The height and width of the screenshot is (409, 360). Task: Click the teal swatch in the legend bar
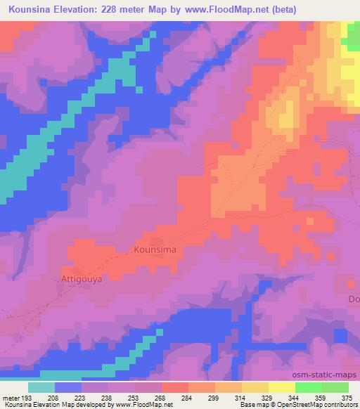pyautogui.click(x=41, y=387)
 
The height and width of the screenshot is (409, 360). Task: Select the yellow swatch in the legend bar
pyautogui.click(x=282, y=387)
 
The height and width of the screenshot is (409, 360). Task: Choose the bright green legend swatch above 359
pyautogui.click(x=309, y=387)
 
